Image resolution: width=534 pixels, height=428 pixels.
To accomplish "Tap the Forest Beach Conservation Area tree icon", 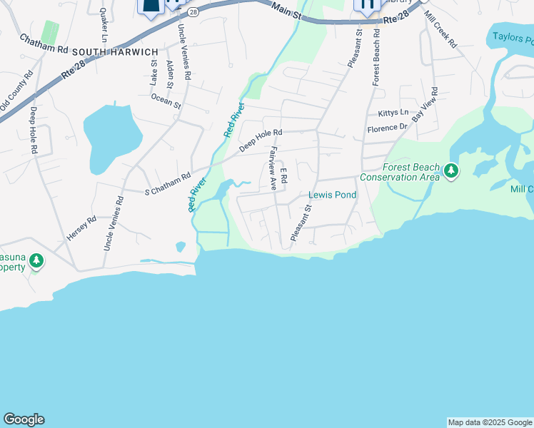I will [450, 171].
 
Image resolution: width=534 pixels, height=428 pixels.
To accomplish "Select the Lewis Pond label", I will [331, 195].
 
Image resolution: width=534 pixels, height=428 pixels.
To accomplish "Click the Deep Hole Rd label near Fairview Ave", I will [261, 140].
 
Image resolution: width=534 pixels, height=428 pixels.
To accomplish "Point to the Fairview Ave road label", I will [272, 168].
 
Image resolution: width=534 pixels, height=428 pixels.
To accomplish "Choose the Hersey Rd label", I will [81, 228].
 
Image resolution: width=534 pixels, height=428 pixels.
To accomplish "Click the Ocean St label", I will [166, 101].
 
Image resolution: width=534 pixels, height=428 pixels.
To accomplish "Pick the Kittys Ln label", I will [393, 113].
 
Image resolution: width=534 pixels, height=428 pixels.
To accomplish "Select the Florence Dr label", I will [387, 128].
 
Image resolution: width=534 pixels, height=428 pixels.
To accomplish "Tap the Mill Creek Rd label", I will [440, 29].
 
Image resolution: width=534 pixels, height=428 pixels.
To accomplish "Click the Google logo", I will [24, 419].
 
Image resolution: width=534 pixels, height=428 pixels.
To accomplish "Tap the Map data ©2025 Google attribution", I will [490, 422].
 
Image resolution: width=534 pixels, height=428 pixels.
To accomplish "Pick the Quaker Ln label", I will [104, 24].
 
